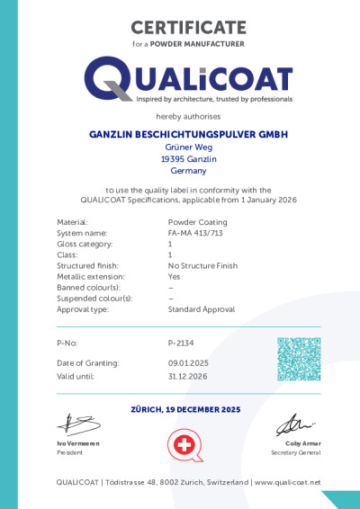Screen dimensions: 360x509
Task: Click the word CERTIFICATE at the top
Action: (188, 28)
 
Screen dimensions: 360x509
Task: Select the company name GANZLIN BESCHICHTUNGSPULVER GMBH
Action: (188, 134)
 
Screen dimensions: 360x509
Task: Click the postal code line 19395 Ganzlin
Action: (188, 158)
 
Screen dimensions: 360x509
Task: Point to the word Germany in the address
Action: (188, 170)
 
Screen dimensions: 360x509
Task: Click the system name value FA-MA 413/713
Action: (195, 232)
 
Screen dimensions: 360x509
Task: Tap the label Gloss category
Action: (85, 244)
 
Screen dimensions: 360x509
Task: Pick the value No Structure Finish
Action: (202, 265)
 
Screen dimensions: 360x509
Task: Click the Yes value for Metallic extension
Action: (174, 276)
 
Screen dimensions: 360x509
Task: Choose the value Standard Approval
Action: (201, 308)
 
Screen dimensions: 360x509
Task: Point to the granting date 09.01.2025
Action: (187, 362)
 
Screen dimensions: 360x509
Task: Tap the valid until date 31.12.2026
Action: (187, 376)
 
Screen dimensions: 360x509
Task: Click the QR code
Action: (299, 359)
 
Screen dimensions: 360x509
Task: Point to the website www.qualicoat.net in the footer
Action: (287, 483)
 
